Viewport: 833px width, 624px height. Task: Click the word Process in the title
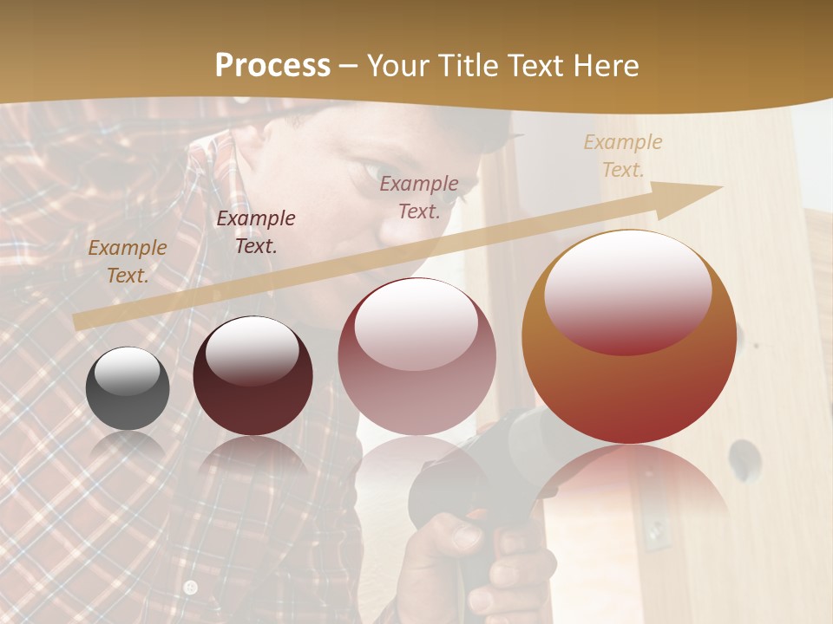click(272, 66)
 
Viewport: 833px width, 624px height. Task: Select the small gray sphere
click(128, 388)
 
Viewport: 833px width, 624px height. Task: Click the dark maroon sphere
click(253, 375)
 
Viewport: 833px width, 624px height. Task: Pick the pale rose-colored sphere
click(416, 356)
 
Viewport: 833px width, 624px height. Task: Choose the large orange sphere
click(629, 337)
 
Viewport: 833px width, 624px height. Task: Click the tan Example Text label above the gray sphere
click(128, 262)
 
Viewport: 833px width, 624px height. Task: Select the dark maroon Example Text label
click(256, 231)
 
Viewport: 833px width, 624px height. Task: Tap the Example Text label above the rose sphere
click(419, 197)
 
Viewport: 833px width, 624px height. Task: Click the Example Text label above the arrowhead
click(623, 156)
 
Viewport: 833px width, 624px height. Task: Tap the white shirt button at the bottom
click(191, 588)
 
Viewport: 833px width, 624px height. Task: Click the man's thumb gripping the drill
click(460, 533)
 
